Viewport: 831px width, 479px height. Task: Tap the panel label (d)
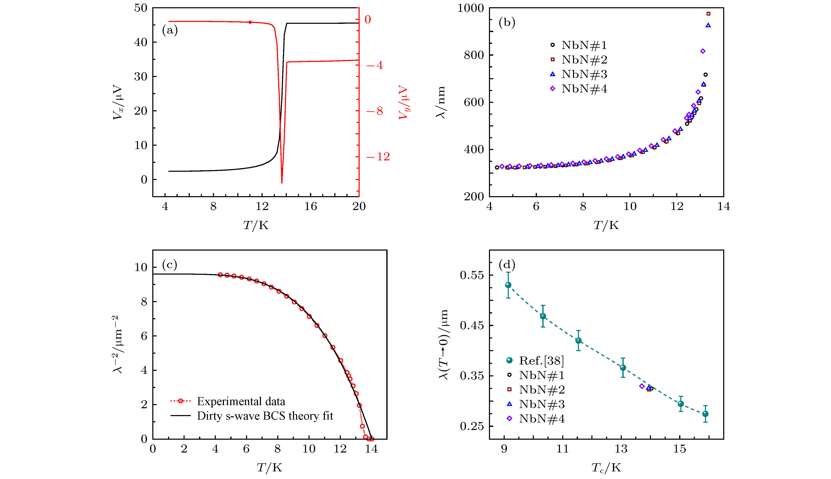(507, 264)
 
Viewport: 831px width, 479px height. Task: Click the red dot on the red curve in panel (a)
(250, 22)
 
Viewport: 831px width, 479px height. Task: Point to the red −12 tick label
(378, 157)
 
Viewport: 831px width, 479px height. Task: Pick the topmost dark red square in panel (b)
(708, 14)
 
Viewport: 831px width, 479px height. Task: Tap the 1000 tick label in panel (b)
(471, 8)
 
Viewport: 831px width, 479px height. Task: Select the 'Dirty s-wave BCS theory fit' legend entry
(252, 416)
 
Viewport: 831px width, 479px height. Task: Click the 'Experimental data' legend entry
(228, 401)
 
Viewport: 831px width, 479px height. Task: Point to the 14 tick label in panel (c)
(371, 449)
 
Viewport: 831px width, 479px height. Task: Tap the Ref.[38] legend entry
(535, 361)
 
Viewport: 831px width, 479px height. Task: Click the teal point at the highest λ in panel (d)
(508, 285)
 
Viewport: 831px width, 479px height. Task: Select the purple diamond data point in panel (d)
(641, 386)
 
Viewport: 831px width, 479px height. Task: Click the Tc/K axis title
(606, 467)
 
